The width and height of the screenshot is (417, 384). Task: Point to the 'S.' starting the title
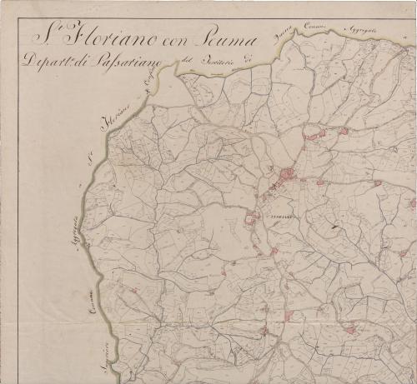[40, 37]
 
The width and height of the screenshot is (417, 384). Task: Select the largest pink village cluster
[287, 176]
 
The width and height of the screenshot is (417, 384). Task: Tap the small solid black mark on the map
[334, 224]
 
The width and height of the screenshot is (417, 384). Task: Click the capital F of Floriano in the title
[69, 37]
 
